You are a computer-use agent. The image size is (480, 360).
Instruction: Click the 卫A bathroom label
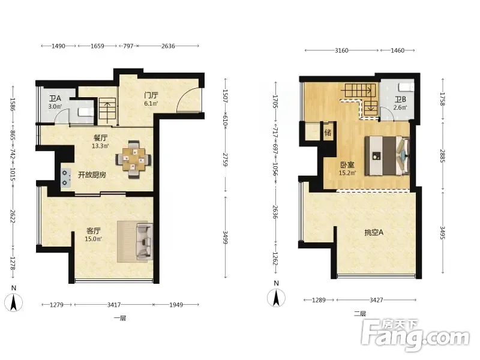point(55,98)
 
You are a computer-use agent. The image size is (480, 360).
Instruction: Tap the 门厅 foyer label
point(151,95)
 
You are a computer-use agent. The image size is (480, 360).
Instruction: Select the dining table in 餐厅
point(133,159)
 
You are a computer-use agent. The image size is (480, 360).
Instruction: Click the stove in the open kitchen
point(65,178)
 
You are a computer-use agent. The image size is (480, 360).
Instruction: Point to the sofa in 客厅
point(144,242)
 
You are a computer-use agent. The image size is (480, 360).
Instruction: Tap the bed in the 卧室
point(387,156)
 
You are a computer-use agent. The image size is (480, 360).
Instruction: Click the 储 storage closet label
point(328,133)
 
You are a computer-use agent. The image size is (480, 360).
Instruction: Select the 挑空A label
point(374,232)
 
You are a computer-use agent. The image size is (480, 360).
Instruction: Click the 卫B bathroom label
point(400,100)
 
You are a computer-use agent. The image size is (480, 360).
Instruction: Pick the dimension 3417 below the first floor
point(114,305)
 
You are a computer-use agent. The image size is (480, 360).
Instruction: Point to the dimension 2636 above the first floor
point(168,46)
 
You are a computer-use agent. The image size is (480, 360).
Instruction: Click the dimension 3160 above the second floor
point(341,50)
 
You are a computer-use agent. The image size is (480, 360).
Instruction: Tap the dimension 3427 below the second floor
point(376,300)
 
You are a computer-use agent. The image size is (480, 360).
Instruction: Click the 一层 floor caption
point(120,319)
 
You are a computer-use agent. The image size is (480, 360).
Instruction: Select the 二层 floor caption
point(360,313)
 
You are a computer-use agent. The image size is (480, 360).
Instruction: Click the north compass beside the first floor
point(14,302)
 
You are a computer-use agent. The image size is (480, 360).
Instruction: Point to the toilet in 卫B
point(407,86)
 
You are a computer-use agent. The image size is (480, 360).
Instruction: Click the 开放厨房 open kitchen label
point(92,175)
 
